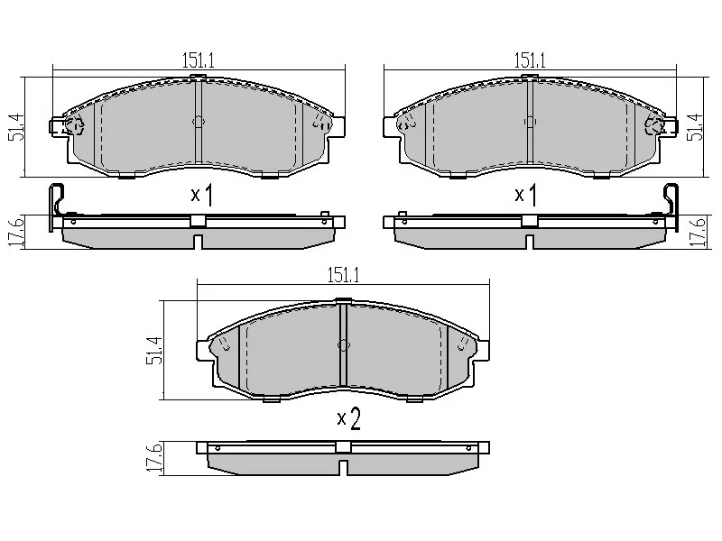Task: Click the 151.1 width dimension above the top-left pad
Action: tap(199, 60)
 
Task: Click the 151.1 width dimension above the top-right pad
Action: tap(530, 60)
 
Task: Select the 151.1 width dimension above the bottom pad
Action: tap(344, 275)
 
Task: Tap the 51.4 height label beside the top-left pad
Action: tap(17, 127)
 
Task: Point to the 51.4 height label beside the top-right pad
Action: tap(695, 127)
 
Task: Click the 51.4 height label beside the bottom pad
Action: tap(154, 351)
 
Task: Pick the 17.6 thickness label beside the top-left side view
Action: tap(15, 234)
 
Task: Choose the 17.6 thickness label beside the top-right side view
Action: tap(698, 234)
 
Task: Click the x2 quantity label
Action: tap(348, 418)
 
